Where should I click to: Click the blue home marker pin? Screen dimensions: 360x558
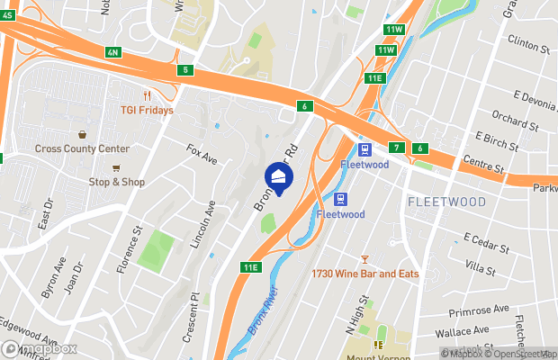click(x=279, y=176)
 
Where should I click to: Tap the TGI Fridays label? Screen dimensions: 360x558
click(x=147, y=110)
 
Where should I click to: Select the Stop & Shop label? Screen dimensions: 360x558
click(x=116, y=182)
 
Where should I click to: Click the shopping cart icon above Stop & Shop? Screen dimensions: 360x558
click(x=116, y=167)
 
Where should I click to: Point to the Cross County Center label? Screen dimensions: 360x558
click(x=83, y=148)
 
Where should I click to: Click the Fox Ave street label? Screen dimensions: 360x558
click(x=202, y=154)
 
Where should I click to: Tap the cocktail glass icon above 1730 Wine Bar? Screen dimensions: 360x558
click(x=364, y=259)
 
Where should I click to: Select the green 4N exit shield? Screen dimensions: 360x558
click(x=112, y=52)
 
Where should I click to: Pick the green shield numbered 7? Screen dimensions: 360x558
click(x=396, y=147)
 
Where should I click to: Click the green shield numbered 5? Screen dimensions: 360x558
click(x=185, y=69)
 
